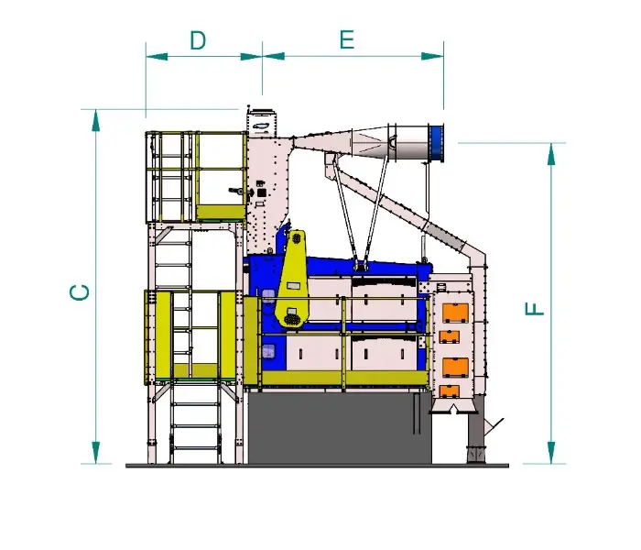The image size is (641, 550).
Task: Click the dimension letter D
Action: coord(199,40)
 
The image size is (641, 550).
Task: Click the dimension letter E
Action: coord(347,39)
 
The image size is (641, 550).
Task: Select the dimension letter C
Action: coord(81,292)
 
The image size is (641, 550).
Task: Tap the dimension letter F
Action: coord(534,309)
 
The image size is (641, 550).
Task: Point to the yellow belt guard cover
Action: coord(293,279)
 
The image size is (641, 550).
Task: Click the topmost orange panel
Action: coord(455,313)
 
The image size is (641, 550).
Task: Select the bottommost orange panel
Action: coord(449,391)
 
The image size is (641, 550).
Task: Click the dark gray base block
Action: coord(340,428)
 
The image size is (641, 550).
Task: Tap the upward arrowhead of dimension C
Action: coord(95,120)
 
